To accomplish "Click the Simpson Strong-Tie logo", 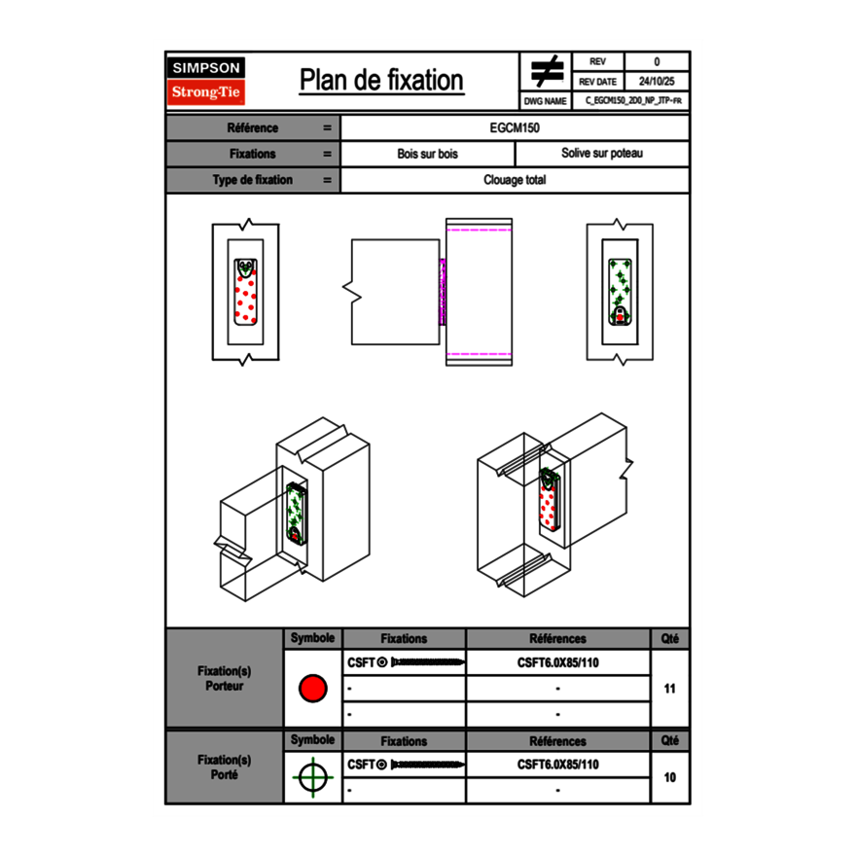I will (x=207, y=81).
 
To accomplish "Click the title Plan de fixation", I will (x=381, y=81).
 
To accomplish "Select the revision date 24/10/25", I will (x=657, y=82).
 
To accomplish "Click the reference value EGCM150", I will (x=515, y=128).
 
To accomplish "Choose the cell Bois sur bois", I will (x=427, y=154).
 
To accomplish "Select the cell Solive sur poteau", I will (x=601, y=154).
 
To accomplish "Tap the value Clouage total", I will (x=515, y=180).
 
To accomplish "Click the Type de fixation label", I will (x=252, y=180).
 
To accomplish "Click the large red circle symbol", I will (x=312, y=689).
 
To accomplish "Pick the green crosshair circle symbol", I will (x=312, y=777).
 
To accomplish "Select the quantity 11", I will (x=669, y=689).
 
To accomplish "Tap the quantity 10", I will (x=669, y=777).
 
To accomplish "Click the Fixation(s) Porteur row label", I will (x=224, y=678).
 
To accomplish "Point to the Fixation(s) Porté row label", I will (x=224, y=767).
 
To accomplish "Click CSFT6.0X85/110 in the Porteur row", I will (x=557, y=662).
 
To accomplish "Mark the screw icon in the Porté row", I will (x=425, y=765).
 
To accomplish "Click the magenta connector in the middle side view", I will (x=442, y=292).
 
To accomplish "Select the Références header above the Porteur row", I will (x=557, y=639).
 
